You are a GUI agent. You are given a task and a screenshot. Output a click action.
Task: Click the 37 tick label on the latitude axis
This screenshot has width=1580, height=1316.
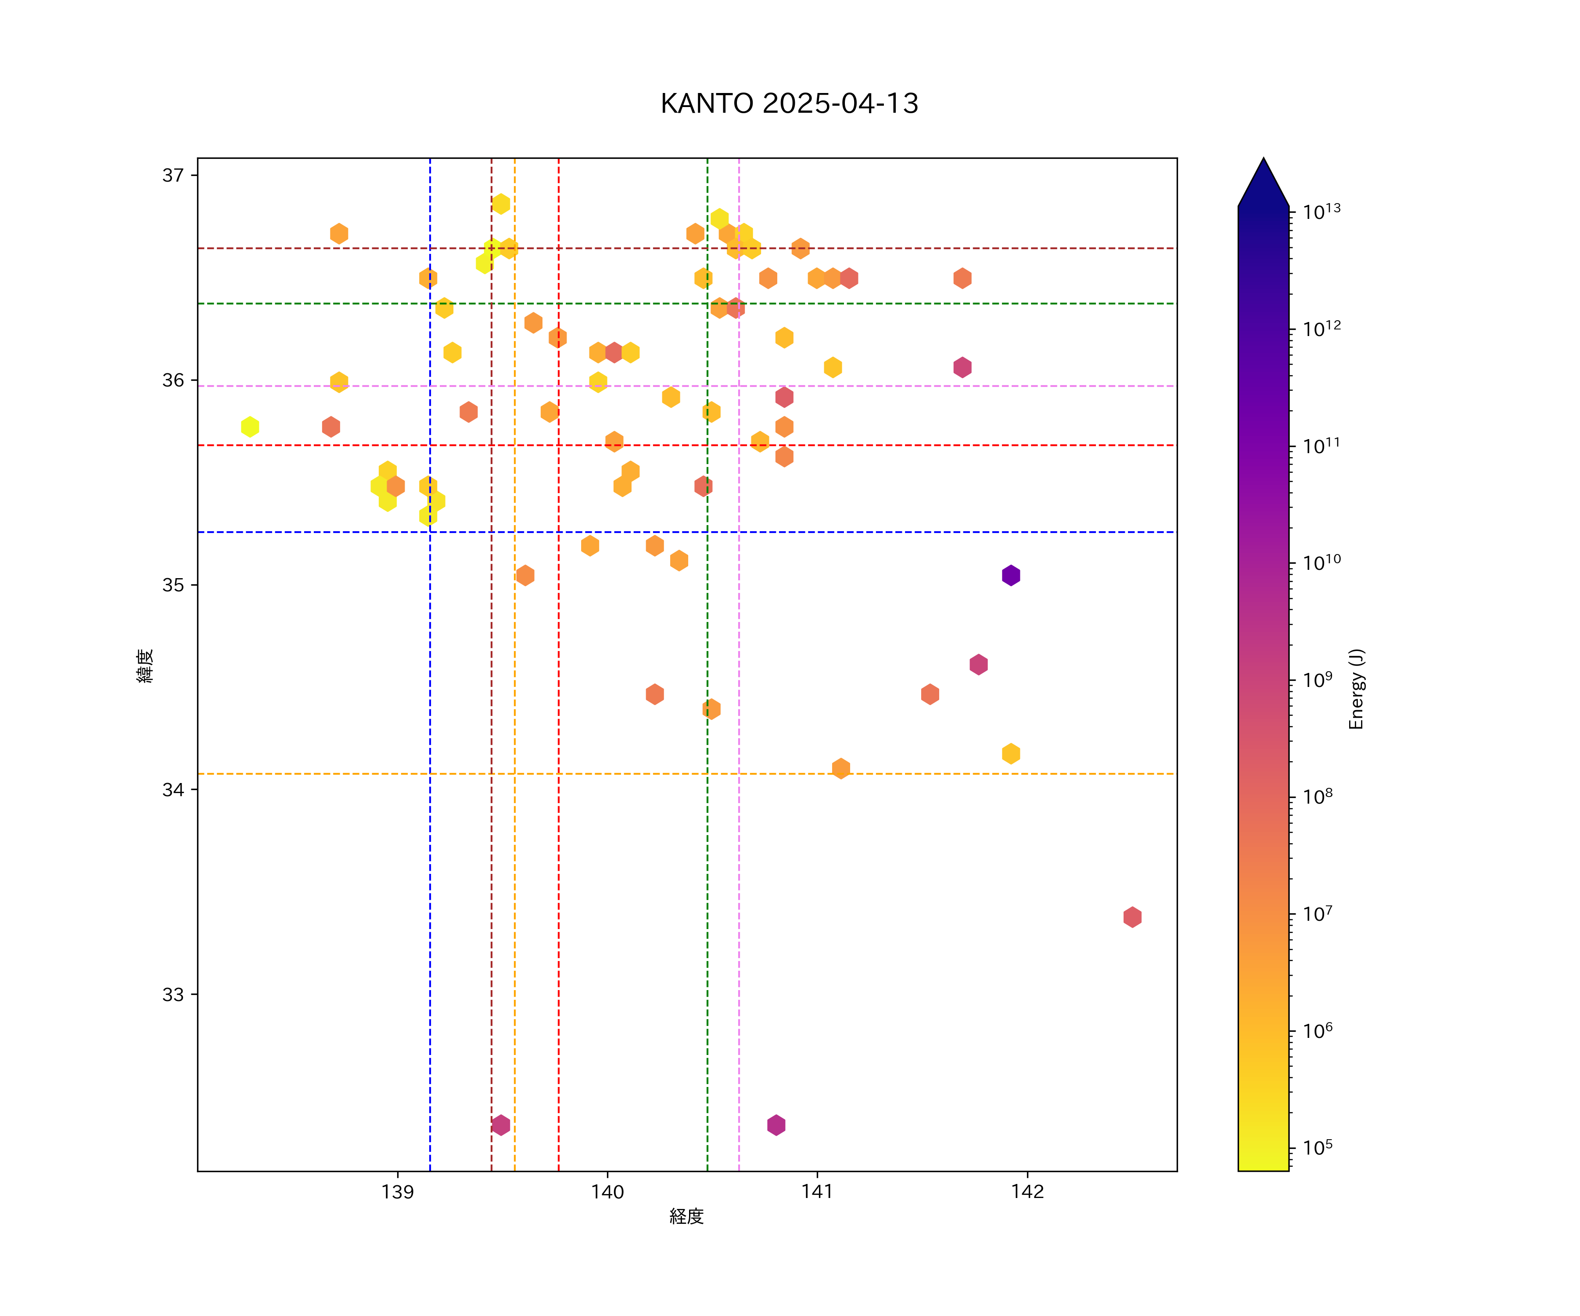[x=173, y=175]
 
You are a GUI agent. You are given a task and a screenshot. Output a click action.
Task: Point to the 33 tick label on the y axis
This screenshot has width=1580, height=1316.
[x=173, y=994]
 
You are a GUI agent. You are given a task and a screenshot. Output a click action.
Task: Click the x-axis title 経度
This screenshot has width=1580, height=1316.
[x=686, y=1216]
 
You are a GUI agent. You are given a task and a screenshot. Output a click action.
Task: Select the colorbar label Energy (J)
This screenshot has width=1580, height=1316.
[x=1356, y=689]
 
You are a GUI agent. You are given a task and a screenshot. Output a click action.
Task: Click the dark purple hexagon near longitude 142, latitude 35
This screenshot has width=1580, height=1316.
[x=1010, y=575]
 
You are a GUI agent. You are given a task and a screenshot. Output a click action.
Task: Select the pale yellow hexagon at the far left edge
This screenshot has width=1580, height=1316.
[x=250, y=426]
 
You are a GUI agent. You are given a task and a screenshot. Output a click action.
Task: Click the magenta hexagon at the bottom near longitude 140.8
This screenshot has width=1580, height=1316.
[x=776, y=1125]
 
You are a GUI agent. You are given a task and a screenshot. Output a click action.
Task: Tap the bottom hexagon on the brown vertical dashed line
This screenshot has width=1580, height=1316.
[x=500, y=1125]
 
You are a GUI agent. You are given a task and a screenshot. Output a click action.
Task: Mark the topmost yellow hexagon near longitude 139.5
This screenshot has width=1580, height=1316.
[x=500, y=204]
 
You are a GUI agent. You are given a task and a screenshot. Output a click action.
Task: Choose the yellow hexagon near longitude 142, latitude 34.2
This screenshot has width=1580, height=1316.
[x=1010, y=754]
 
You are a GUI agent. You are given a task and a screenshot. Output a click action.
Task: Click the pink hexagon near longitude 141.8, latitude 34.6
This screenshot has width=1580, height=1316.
[x=978, y=664]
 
